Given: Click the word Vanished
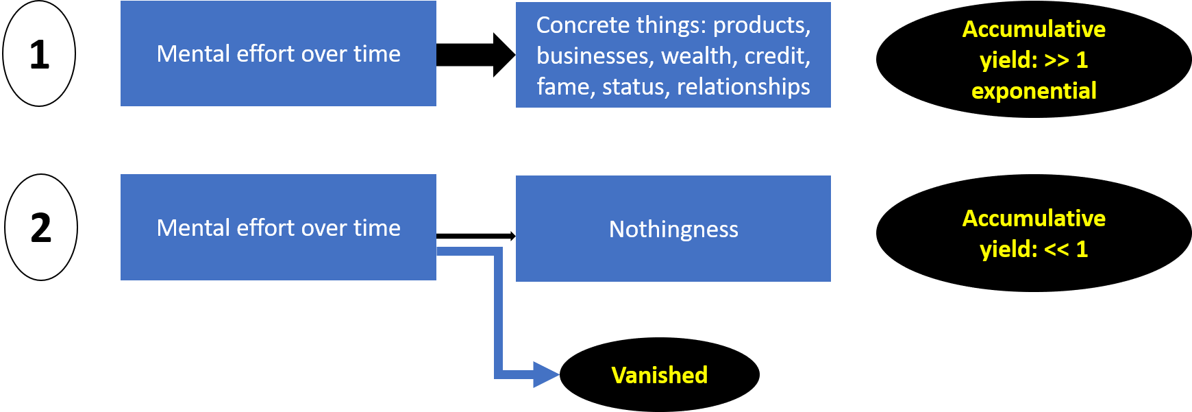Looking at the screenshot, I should click(x=659, y=375).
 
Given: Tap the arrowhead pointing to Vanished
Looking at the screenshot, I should click(x=546, y=375).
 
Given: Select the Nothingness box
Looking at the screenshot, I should click(x=673, y=229).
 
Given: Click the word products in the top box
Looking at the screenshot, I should click(x=762, y=25).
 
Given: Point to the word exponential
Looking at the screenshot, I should click(x=1034, y=91).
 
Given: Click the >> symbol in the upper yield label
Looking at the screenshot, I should click(x=1056, y=60).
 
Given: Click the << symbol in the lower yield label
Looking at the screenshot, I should click(x=1056, y=249).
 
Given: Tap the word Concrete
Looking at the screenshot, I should click(x=583, y=25).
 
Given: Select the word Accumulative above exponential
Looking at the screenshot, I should click(x=1034, y=29).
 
